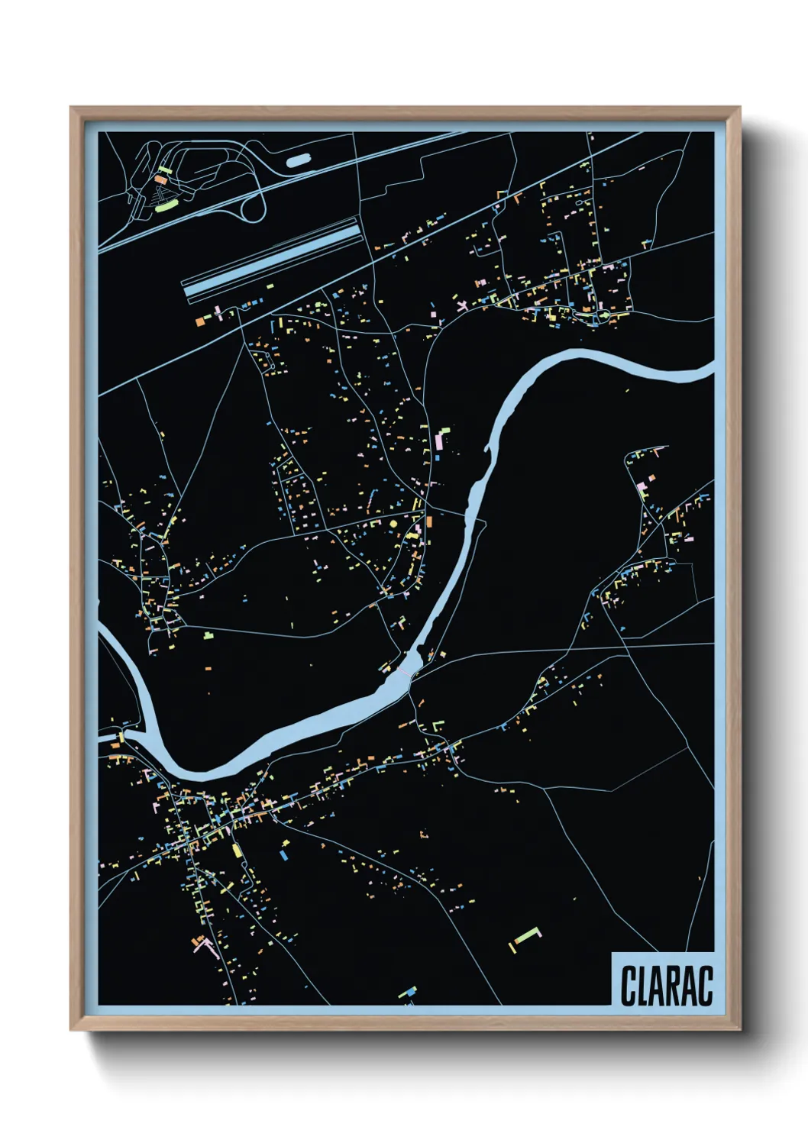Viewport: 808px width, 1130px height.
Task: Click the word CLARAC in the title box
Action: [x=666, y=986]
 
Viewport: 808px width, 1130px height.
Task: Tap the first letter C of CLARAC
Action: [x=629, y=986]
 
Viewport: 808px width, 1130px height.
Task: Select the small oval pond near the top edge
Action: [x=298, y=161]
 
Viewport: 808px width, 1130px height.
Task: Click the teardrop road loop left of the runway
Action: [x=252, y=205]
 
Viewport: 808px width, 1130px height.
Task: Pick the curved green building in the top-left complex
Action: [x=165, y=205]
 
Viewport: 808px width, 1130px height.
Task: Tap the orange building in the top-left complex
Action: [x=160, y=179]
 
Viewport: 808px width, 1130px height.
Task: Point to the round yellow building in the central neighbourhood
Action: [x=393, y=524]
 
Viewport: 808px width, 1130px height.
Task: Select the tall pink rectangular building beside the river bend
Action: [x=439, y=441]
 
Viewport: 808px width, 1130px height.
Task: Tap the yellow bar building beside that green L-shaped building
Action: [x=511, y=948]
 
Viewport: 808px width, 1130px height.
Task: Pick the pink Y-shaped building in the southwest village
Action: [x=204, y=947]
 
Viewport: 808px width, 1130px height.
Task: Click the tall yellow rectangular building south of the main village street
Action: [x=237, y=850]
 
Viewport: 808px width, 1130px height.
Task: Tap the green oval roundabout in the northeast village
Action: [x=604, y=315]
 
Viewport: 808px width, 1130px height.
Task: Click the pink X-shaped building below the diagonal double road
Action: [x=462, y=305]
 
